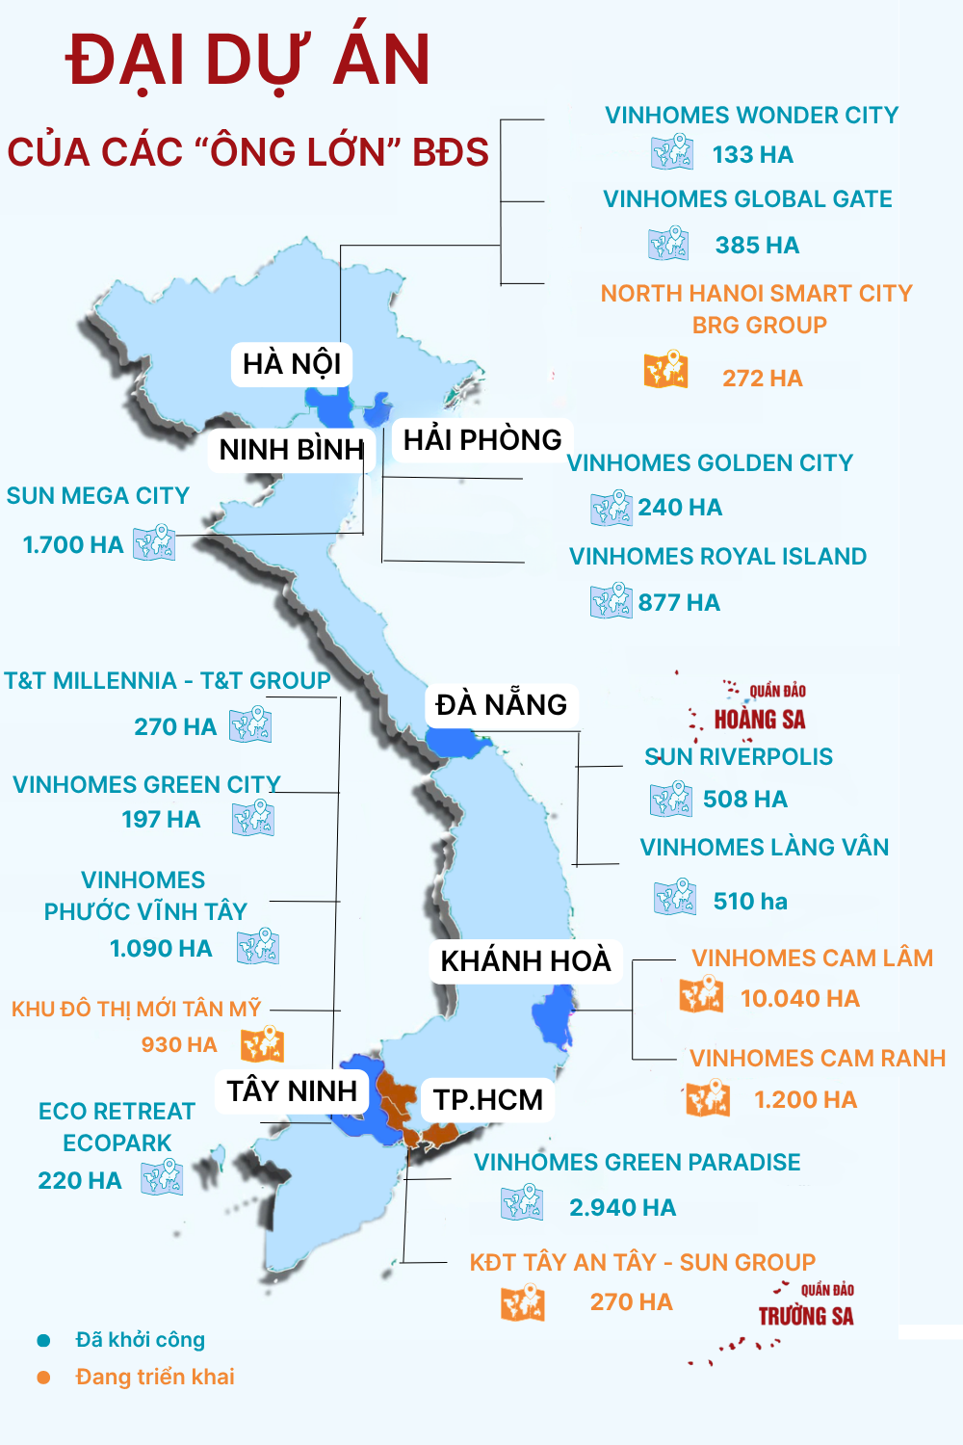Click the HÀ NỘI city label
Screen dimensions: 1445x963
292,364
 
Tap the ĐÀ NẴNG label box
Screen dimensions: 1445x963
501,704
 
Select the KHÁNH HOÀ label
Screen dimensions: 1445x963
526,960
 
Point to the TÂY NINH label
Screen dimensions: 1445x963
292,1090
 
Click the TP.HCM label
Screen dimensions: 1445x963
488,1099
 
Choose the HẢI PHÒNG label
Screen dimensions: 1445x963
482,439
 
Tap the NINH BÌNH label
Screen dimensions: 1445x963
292,449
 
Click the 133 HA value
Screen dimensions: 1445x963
753,155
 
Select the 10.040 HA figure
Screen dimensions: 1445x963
799,998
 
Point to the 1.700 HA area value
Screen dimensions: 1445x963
73,544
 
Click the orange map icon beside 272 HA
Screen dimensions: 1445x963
666,370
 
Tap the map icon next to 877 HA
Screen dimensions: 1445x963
612,601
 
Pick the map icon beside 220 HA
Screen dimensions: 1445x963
162,1177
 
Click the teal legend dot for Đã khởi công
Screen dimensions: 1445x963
43,1340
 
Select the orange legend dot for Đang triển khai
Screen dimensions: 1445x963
43,1378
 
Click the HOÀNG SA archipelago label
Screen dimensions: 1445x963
760,719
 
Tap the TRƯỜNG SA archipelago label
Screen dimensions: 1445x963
806,1316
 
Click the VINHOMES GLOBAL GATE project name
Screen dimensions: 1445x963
747,199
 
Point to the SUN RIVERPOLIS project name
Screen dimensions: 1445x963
739,756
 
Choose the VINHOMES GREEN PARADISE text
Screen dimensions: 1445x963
638,1163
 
